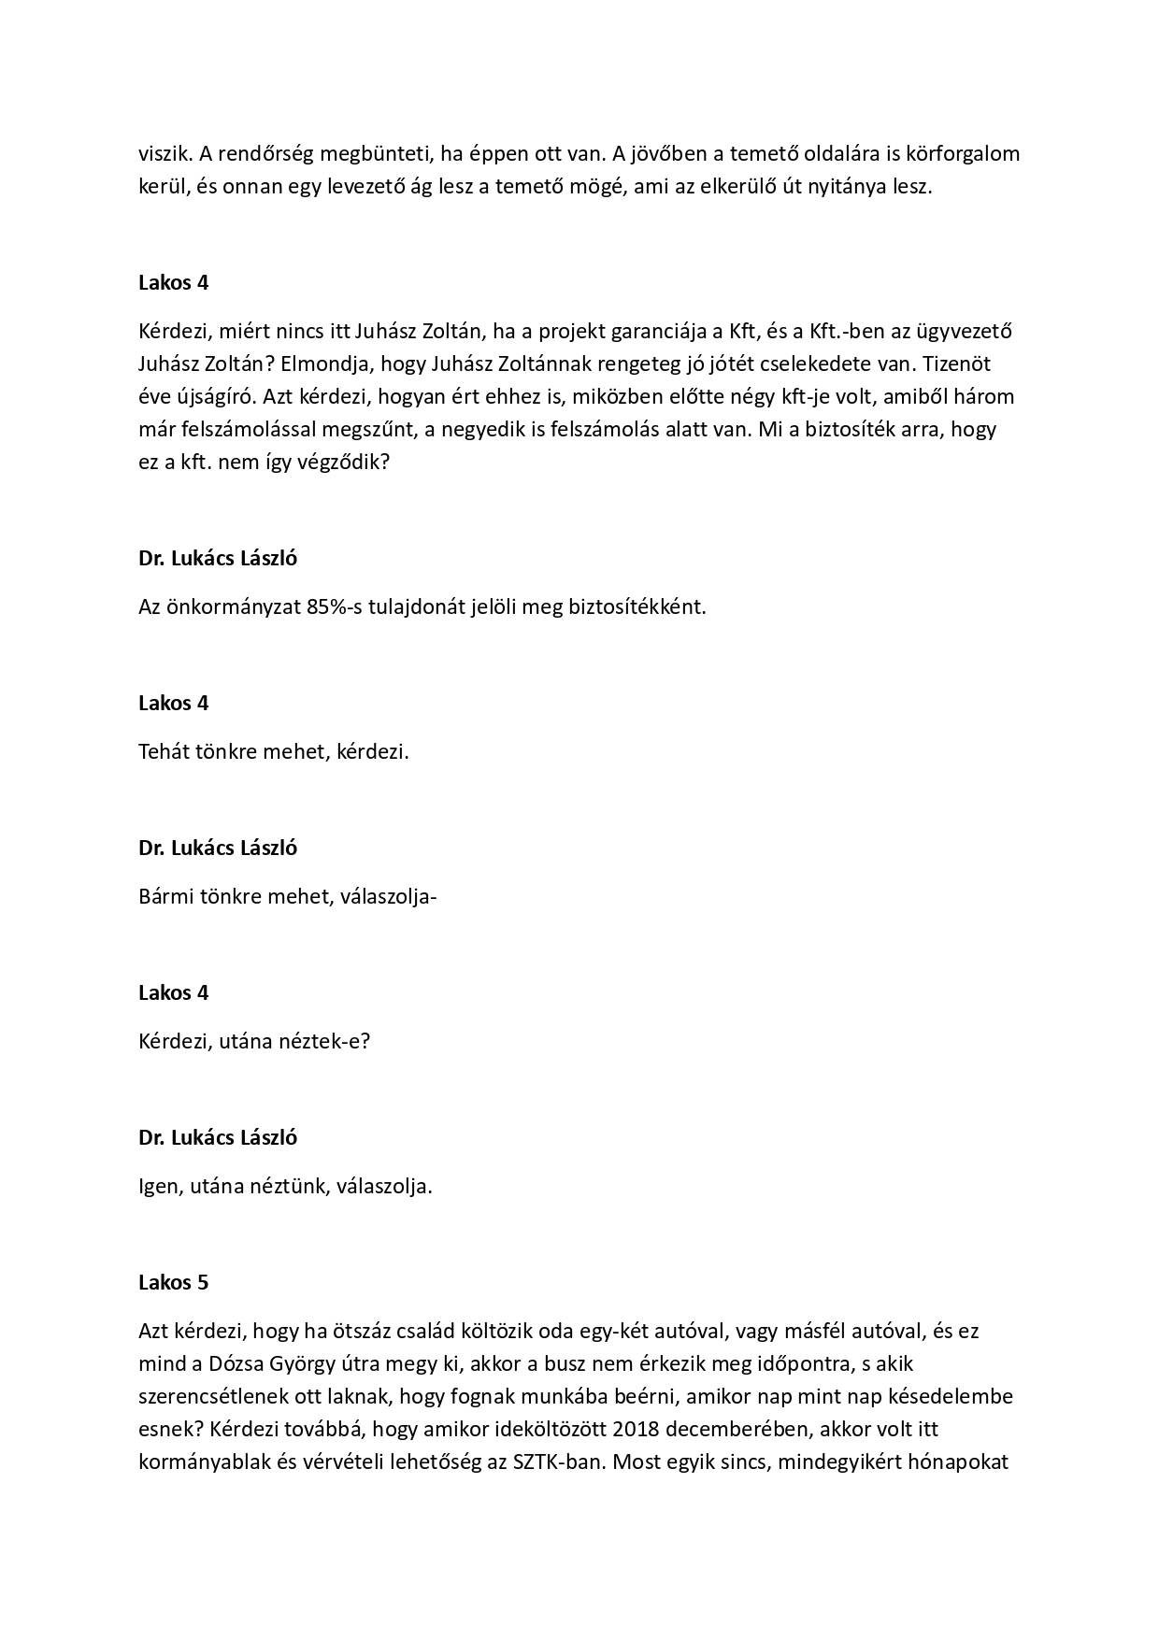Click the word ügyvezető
tap(958, 331)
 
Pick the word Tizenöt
tap(980, 364)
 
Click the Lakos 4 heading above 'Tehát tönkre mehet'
tap(173, 703)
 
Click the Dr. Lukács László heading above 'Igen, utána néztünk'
tap(218, 1137)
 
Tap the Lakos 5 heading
tap(173, 1282)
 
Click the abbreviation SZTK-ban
tap(555, 1462)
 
